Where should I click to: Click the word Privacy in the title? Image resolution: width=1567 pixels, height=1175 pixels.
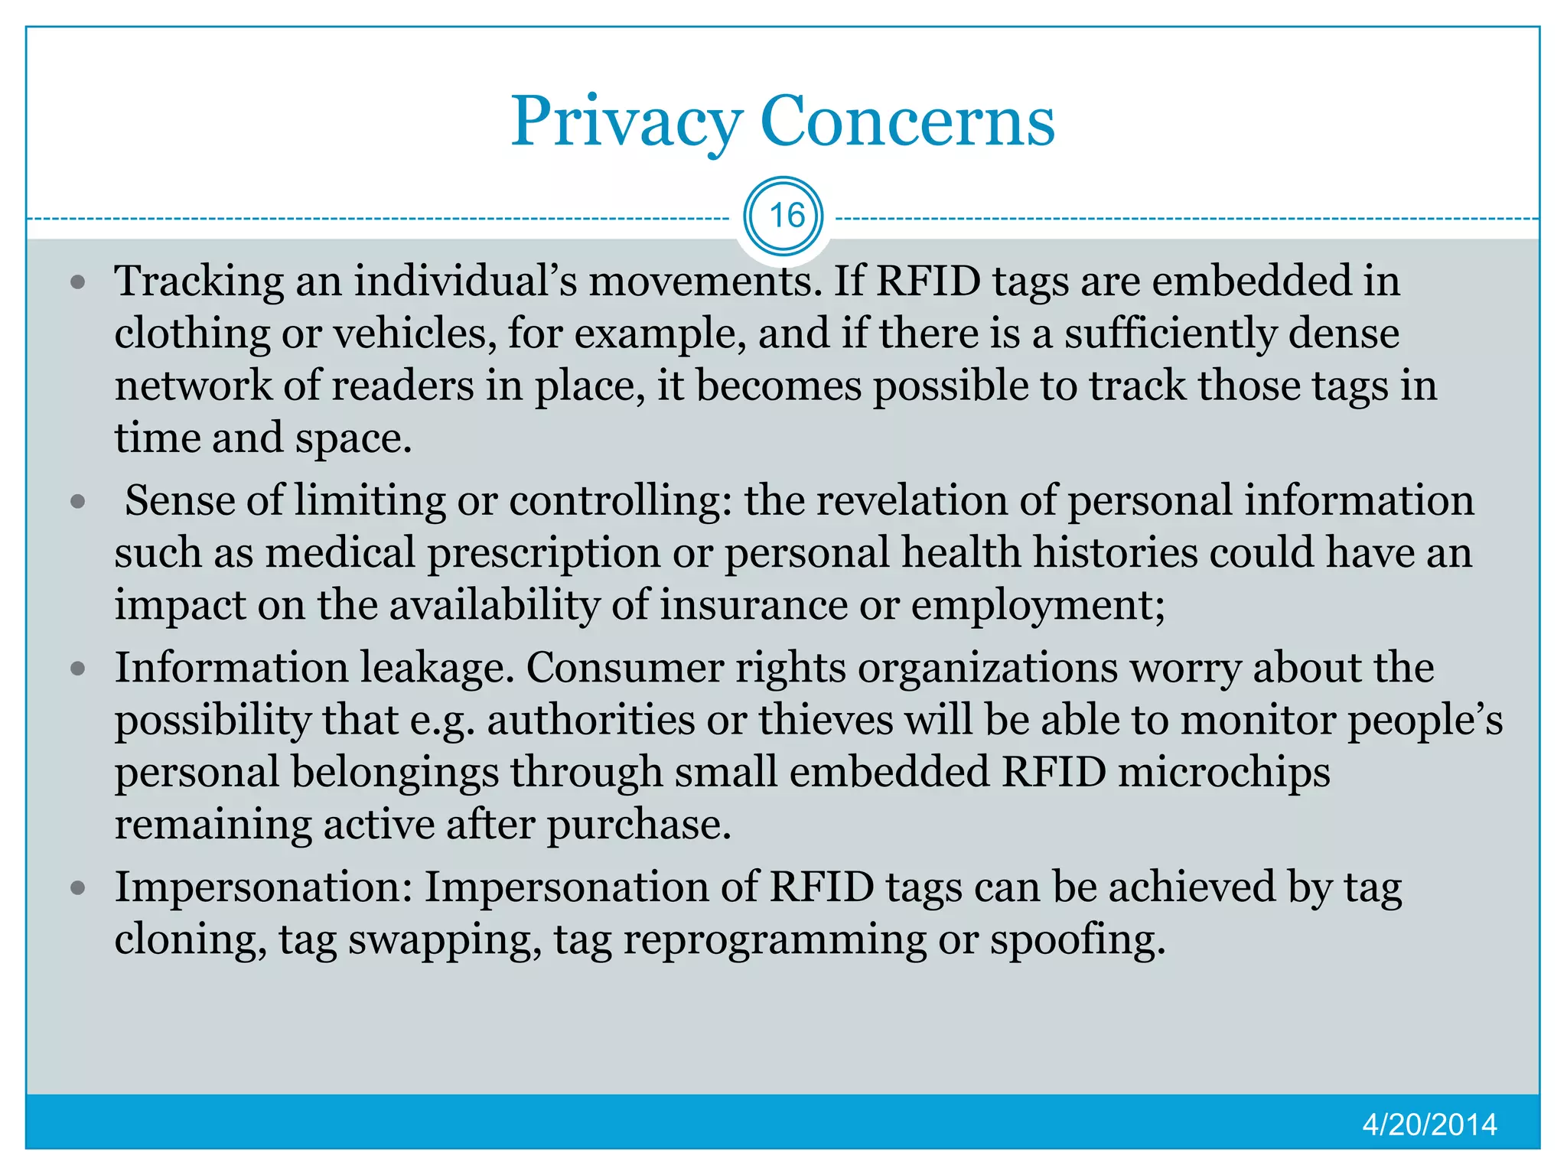pos(626,122)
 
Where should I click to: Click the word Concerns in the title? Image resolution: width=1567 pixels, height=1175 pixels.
pos(907,122)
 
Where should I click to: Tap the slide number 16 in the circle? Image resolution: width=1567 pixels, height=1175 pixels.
pos(784,216)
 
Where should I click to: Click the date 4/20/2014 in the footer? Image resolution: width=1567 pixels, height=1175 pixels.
pos(1429,1125)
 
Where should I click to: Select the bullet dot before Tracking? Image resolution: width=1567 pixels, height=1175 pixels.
pos(77,283)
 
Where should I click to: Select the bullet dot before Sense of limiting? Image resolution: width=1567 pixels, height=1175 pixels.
pos(77,503)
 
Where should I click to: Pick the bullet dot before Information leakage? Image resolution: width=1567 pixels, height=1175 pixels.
pos(77,669)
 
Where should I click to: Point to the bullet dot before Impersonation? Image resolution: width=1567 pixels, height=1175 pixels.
pos(77,889)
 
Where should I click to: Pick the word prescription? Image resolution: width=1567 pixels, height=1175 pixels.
pos(543,553)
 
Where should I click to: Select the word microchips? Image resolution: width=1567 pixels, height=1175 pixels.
pos(1223,773)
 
